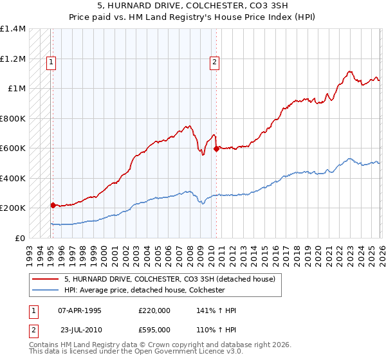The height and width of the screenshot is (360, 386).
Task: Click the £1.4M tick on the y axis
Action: (x=13, y=29)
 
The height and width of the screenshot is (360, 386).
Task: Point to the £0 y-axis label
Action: (x=19, y=239)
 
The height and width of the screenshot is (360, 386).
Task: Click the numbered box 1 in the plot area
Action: (x=51, y=62)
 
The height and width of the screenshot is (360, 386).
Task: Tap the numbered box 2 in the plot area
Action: (x=214, y=62)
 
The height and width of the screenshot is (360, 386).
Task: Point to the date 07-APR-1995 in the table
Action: (x=80, y=310)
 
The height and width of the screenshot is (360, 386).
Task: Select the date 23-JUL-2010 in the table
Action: (x=80, y=328)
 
